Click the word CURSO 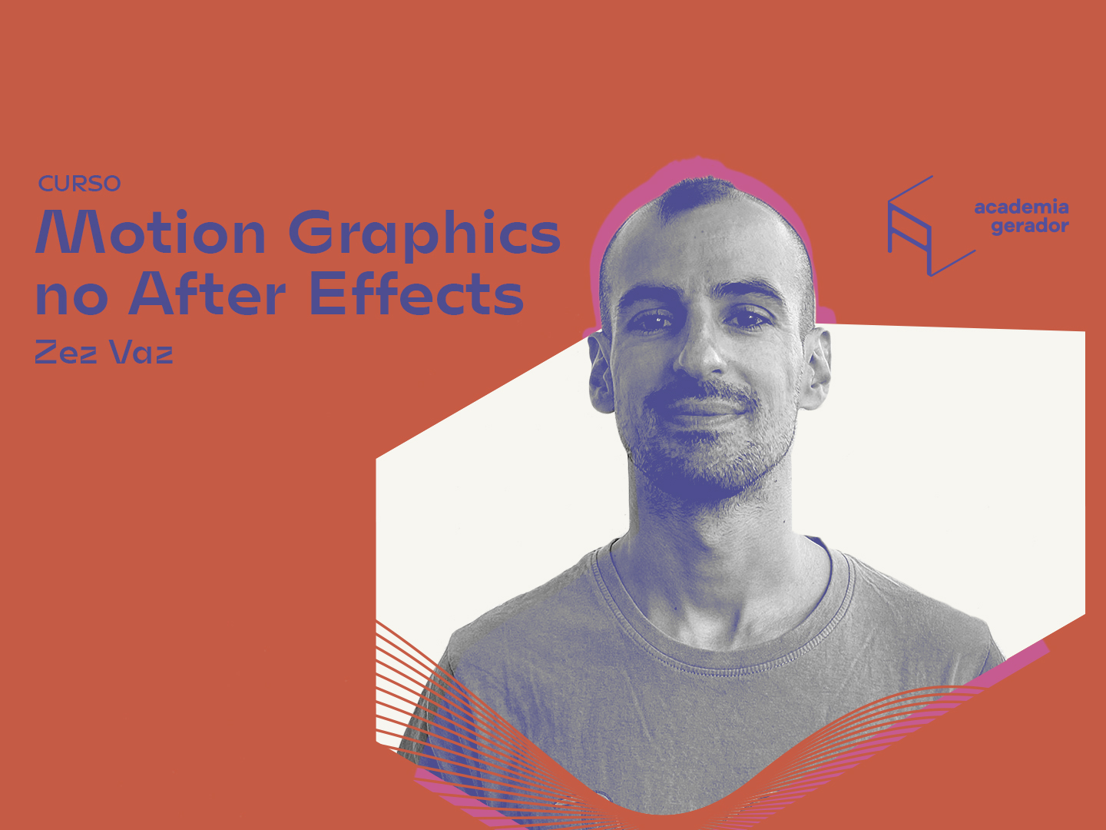(x=80, y=184)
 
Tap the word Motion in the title (x=151, y=231)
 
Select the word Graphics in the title (x=425, y=234)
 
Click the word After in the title (x=207, y=293)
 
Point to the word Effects (x=417, y=293)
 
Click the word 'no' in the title (x=71, y=298)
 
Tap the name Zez (x=66, y=352)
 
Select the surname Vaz (x=141, y=352)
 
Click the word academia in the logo (x=1022, y=207)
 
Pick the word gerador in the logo (x=1030, y=226)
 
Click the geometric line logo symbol (x=931, y=226)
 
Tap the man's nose (x=701, y=350)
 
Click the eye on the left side (x=652, y=320)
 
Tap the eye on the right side (x=750, y=319)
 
